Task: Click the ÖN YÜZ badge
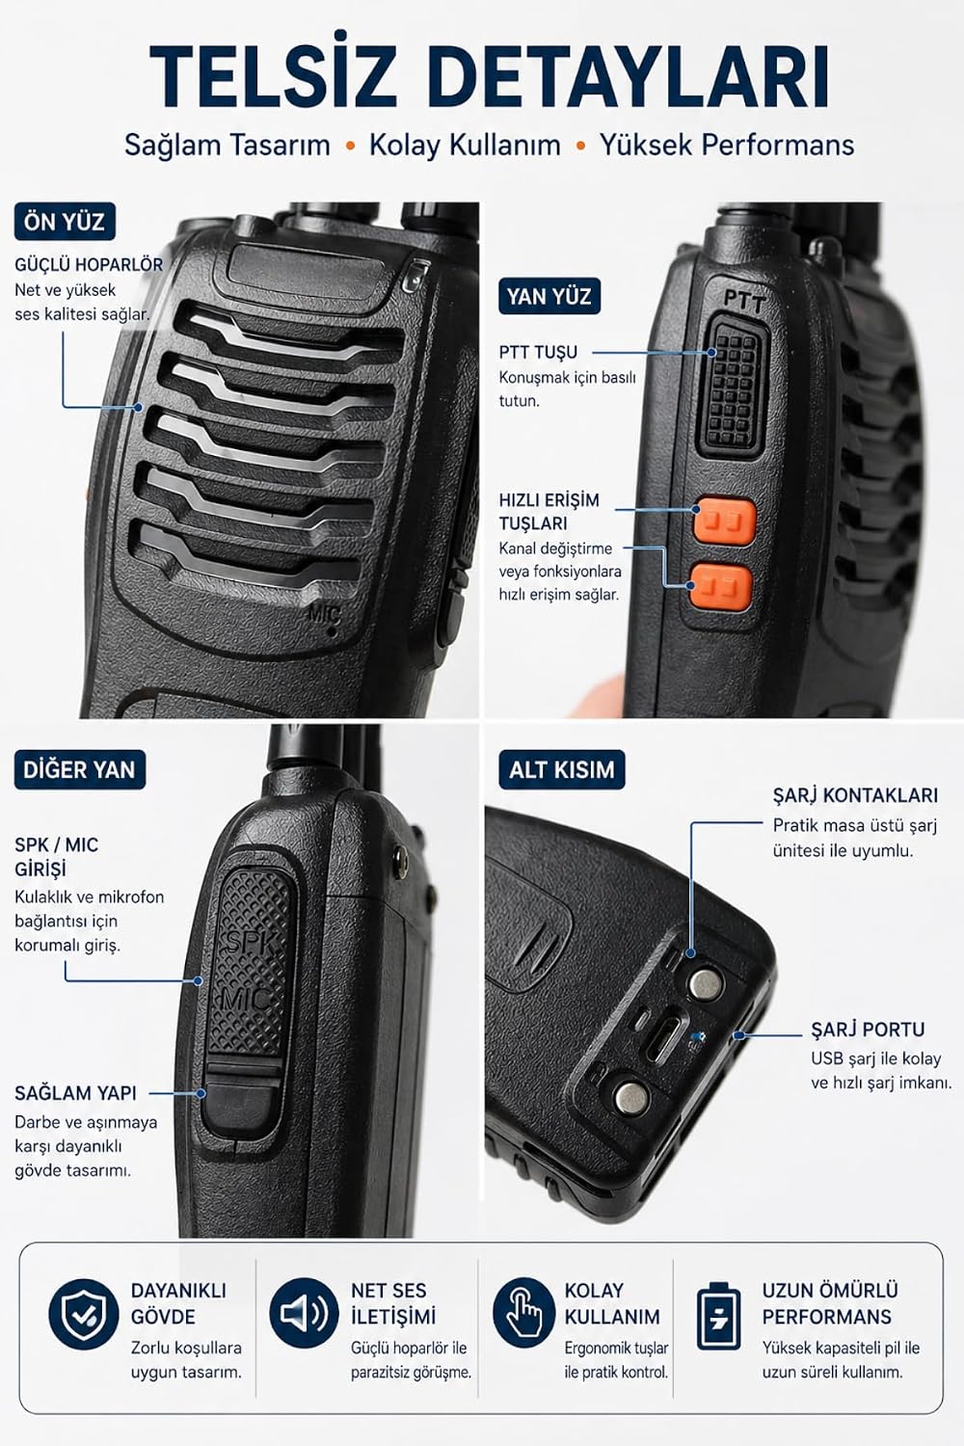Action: (x=65, y=222)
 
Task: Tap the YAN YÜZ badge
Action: (x=549, y=296)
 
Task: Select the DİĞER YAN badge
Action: (x=79, y=769)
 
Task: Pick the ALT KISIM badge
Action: (x=562, y=769)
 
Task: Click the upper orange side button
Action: (x=725, y=521)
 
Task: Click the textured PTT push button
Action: (x=735, y=388)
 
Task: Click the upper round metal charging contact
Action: (x=706, y=983)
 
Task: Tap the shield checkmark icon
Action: (x=83, y=1314)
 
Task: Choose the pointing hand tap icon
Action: (x=524, y=1313)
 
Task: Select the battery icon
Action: (x=718, y=1316)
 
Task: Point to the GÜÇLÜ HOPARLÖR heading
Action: (x=89, y=265)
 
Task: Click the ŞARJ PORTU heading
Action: (x=868, y=1029)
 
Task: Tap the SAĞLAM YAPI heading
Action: (x=75, y=1093)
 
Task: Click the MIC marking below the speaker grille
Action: (x=324, y=612)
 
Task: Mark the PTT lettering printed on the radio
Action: (x=744, y=300)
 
